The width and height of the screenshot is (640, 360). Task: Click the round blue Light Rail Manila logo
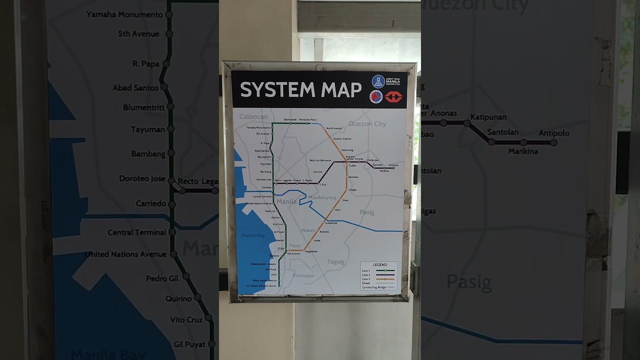[378, 81]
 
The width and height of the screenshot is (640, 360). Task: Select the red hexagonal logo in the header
[393, 96]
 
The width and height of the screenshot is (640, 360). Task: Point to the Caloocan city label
[253, 116]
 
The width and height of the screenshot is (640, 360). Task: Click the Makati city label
[308, 230]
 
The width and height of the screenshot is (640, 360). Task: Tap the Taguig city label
[335, 261]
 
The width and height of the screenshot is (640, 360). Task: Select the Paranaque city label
[303, 275]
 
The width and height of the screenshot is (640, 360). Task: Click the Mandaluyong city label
[322, 197]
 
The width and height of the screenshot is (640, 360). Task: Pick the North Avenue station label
[334, 128]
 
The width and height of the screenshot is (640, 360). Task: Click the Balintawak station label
[290, 119]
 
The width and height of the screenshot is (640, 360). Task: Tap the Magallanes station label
[311, 251]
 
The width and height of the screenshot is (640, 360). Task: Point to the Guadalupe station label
[331, 223]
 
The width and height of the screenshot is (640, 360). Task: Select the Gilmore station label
[317, 172]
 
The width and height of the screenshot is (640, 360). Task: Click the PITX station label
[273, 275]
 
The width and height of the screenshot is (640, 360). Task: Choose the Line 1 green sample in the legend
[385, 270]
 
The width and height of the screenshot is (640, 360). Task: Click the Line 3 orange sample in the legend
[385, 279]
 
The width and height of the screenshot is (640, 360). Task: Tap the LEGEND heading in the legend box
[379, 265]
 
